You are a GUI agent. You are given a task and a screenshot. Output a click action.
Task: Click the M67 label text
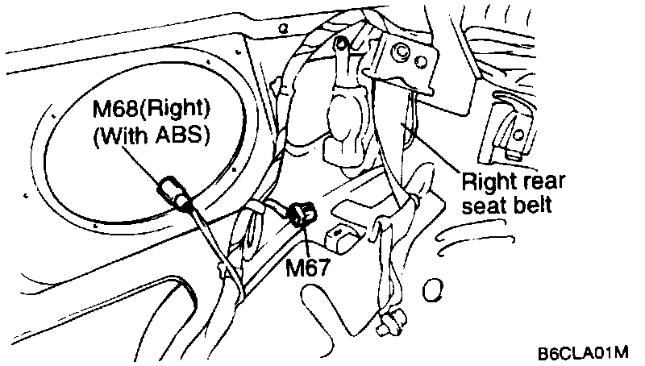coord(308,267)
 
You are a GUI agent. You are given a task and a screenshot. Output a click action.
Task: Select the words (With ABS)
coord(151,135)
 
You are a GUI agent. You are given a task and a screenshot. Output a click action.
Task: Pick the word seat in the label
coord(481,204)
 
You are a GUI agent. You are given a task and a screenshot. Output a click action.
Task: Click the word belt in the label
coord(531,204)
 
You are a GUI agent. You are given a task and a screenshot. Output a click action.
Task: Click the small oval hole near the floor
coord(435,288)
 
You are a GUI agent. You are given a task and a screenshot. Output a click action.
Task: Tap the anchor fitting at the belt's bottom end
coord(389,322)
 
